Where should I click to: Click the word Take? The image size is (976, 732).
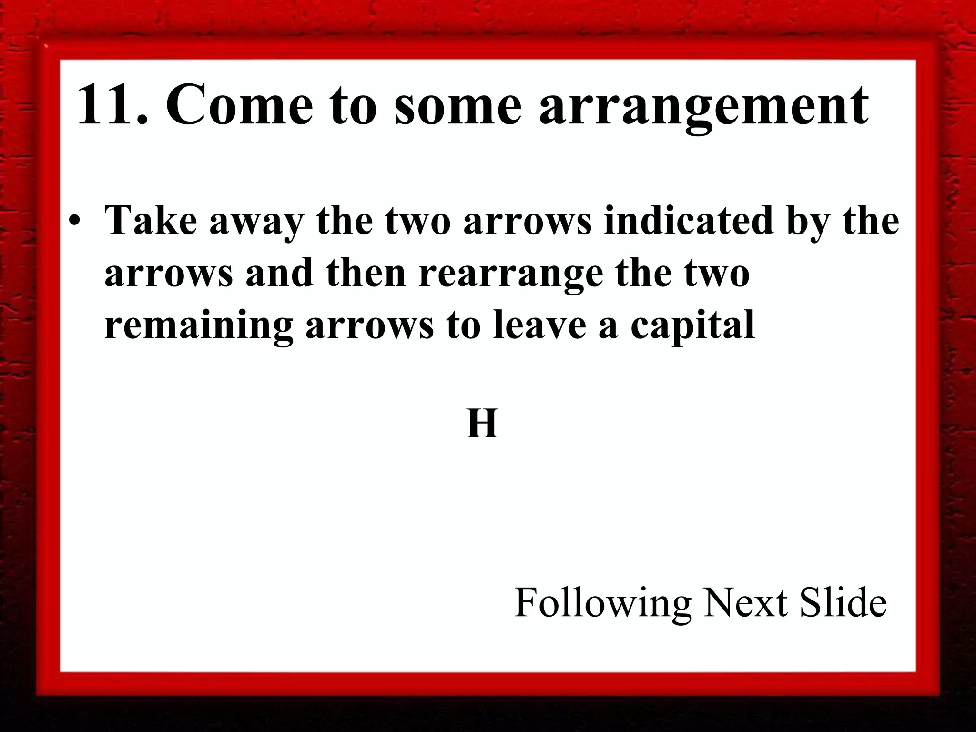point(151,220)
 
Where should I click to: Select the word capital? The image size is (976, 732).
point(693,326)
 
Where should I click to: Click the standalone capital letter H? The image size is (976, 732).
point(482,424)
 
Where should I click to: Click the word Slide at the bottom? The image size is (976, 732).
point(843,602)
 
